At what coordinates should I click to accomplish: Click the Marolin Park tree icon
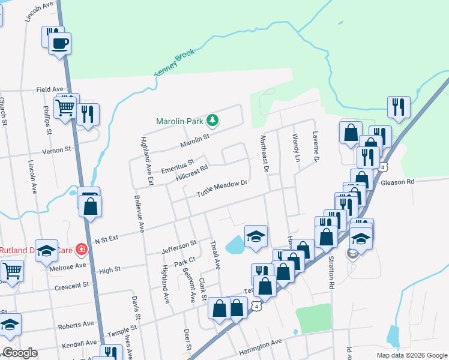pyautogui.click(x=212, y=121)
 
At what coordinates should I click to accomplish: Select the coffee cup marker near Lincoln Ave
pyautogui.click(x=59, y=44)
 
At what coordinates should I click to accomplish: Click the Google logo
pyautogui.click(x=19, y=353)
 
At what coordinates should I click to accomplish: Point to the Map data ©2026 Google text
pyautogui.click(x=411, y=355)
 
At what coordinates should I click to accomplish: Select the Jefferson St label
pyautogui.click(x=179, y=247)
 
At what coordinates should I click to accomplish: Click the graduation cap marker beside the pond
pyautogui.click(x=256, y=236)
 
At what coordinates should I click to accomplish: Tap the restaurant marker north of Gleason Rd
pyautogui.click(x=399, y=107)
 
